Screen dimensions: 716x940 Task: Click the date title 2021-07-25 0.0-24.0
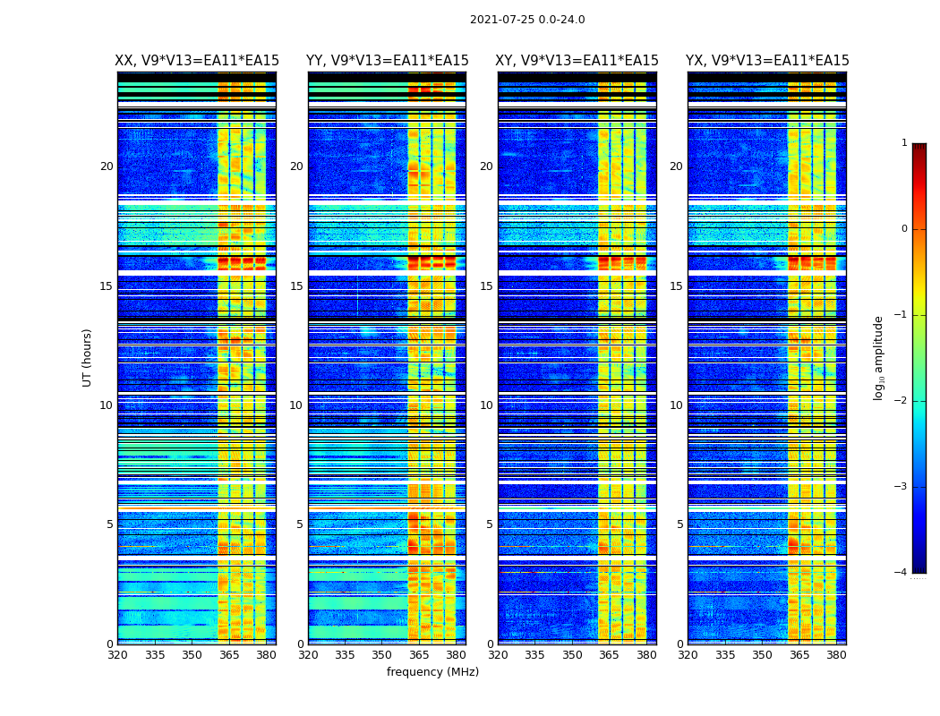pyautogui.click(x=527, y=20)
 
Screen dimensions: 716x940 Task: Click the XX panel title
pyautogui.click(x=197, y=61)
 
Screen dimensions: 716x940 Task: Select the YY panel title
pyautogui.click(x=387, y=61)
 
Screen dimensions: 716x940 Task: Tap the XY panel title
pyautogui.click(x=577, y=61)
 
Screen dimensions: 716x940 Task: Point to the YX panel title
pyautogui.click(x=767, y=61)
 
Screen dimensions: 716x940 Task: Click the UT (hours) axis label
pyautogui.click(x=88, y=357)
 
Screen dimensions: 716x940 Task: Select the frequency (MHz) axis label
pyautogui.click(x=432, y=672)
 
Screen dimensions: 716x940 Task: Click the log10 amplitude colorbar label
pyautogui.click(x=879, y=357)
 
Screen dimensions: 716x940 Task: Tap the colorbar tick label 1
pyautogui.click(x=903, y=143)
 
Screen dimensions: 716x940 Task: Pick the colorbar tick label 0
pyautogui.click(x=903, y=229)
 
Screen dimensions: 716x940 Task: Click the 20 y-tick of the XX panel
pyautogui.click(x=107, y=166)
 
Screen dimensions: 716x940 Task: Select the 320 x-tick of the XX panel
pyautogui.click(x=117, y=655)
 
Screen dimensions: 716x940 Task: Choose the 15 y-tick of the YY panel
pyautogui.click(x=296, y=286)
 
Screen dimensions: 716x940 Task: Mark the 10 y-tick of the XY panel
pyautogui.click(x=486, y=405)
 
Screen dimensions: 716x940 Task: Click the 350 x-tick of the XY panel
pyautogui.click(x=572, y=655)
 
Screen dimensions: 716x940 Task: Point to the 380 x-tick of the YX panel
pyautogui.click(x=836, y=655)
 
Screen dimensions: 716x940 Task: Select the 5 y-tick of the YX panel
pyautogui.click(x=679, y=524)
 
